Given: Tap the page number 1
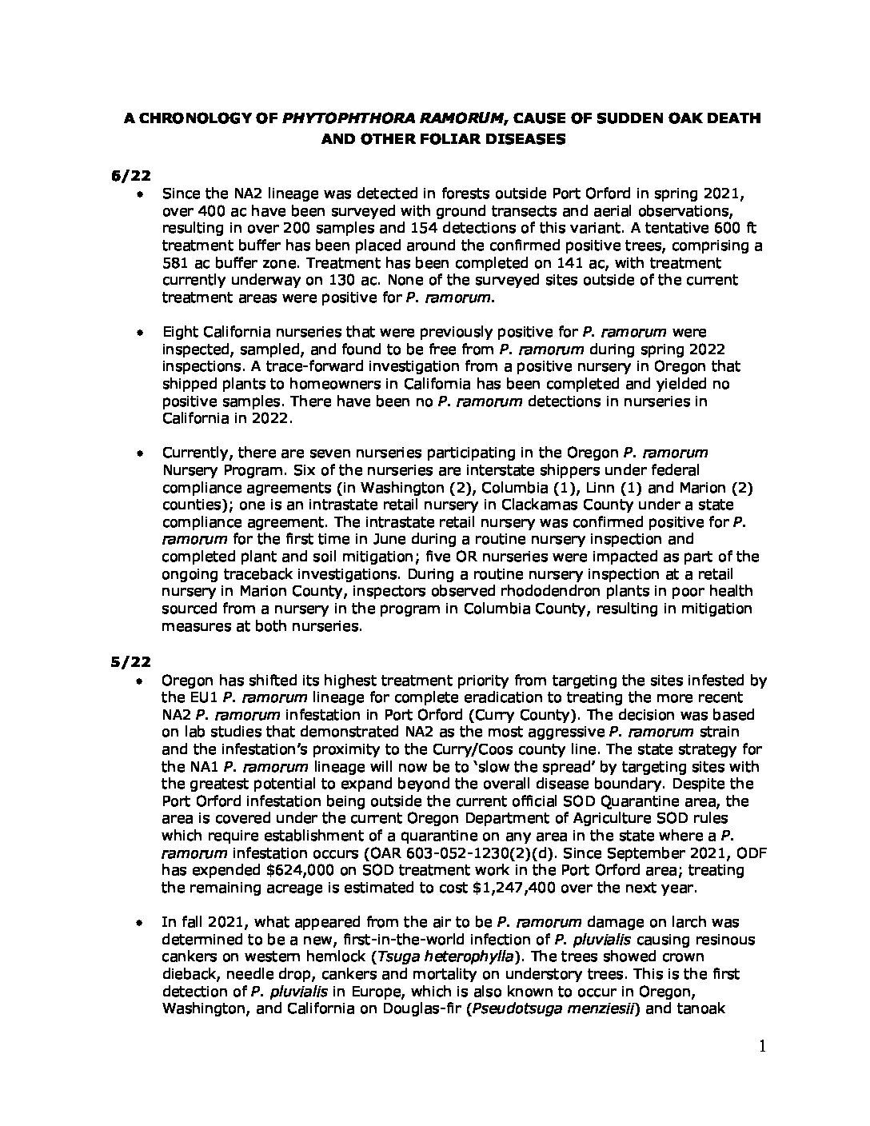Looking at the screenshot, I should tap(764, 1048).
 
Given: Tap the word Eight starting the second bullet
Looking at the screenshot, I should tap(180, 332).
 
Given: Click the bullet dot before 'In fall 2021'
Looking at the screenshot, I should tap(141, 923).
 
